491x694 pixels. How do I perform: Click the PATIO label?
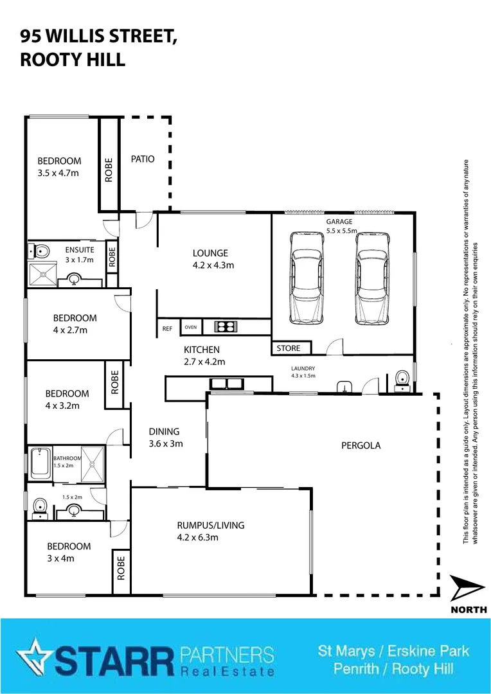tap(143, 159)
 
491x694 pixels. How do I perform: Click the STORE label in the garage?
tap(289, 348)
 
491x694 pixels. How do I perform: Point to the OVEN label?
tap(190, 328)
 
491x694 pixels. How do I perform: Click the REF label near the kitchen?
tap(168, 328)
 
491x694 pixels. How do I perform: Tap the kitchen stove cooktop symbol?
tap(225, 327)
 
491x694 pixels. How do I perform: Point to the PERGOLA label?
tap(361, 445)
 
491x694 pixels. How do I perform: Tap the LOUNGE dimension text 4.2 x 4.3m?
tap(213, 265)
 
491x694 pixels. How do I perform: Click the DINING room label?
tap(164, 432)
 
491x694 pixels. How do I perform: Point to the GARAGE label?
tap(339, 222)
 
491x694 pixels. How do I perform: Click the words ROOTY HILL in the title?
tap(72, 59)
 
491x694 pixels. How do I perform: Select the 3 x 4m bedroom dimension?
tap(60, 558)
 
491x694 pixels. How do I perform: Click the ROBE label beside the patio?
tap(109, 170)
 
